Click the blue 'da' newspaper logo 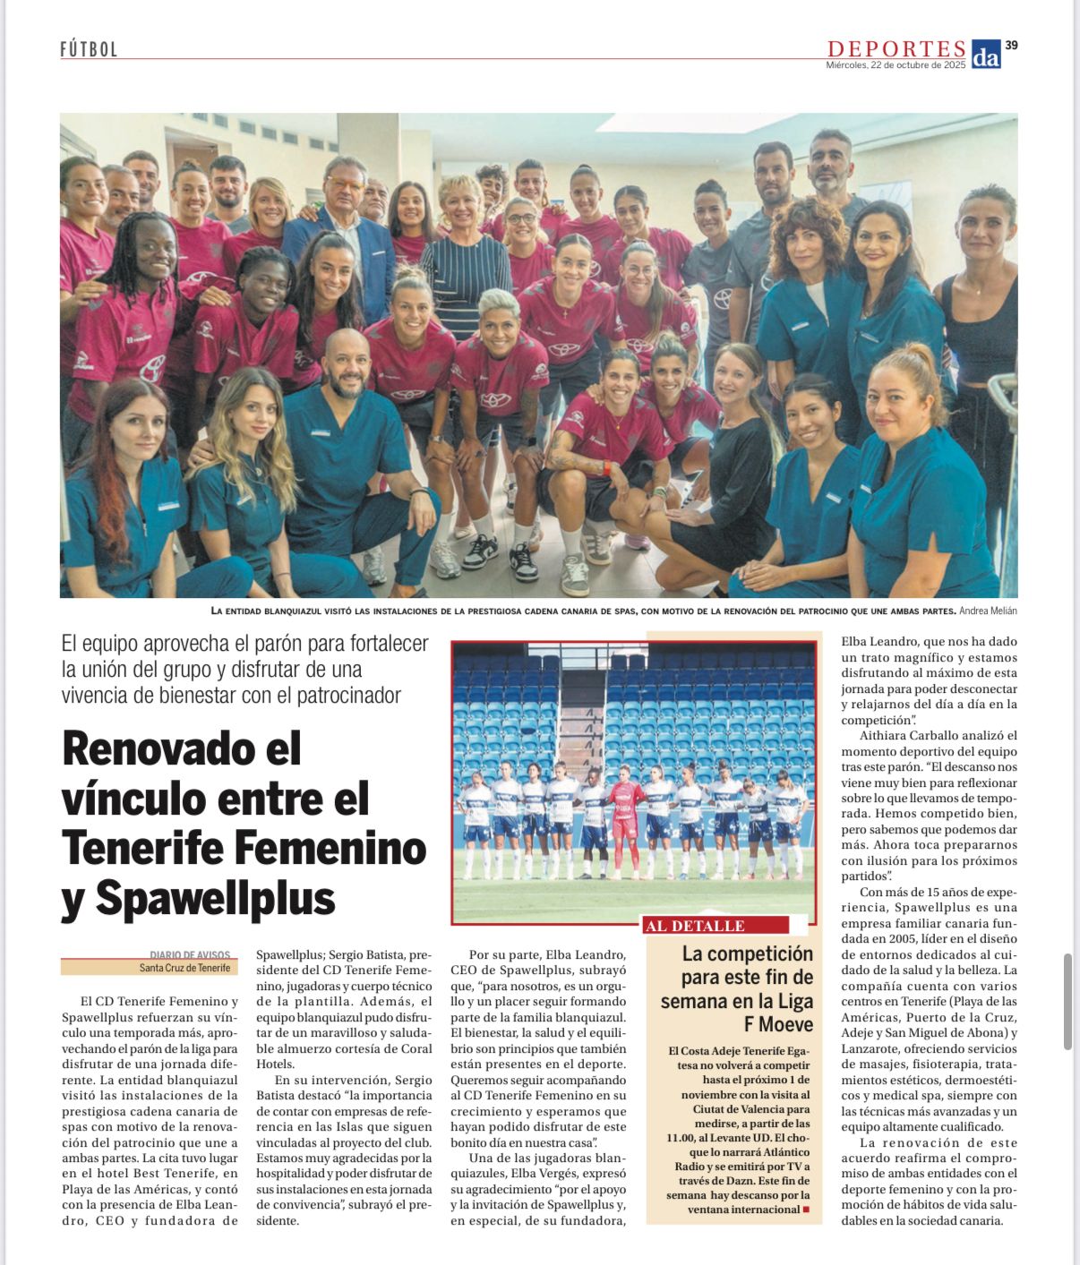point(985,54)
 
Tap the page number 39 point(1011,45)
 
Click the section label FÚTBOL point(89,49)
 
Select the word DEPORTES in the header point(896,48)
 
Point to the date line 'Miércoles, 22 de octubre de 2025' point(896,64)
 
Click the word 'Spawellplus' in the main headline point(215,897)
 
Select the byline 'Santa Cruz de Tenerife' point(184,968)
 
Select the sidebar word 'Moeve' point(779,1024)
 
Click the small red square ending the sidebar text point(806,1209)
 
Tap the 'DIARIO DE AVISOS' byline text point(190,955)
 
